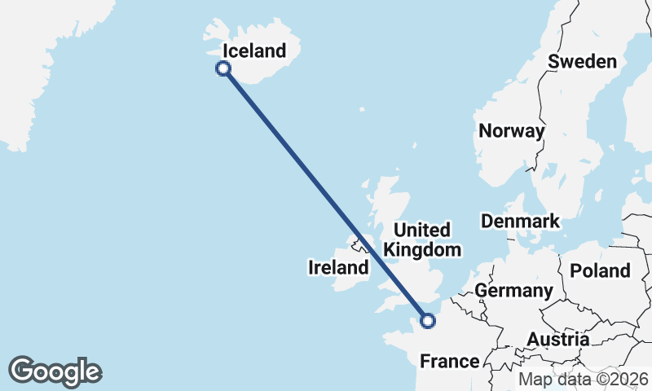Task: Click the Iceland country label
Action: [x=254, y=51]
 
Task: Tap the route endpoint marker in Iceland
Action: [x=222, y=69]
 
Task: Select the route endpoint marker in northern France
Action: [x=427, y=321]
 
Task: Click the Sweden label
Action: [x=583, y=62]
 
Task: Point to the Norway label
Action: [x=511, y=130]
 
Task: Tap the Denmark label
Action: [x=520, y=221]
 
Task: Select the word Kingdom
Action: [x=423, y=249]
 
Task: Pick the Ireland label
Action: [x=337, y=267]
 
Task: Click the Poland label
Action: [x=600, y=270]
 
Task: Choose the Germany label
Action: [x=513, y=290]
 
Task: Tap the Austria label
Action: [x=557, y=339]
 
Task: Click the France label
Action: [x=448, y=361]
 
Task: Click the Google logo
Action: [x=55, y=371]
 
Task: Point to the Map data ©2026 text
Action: [x=584, y=379]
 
